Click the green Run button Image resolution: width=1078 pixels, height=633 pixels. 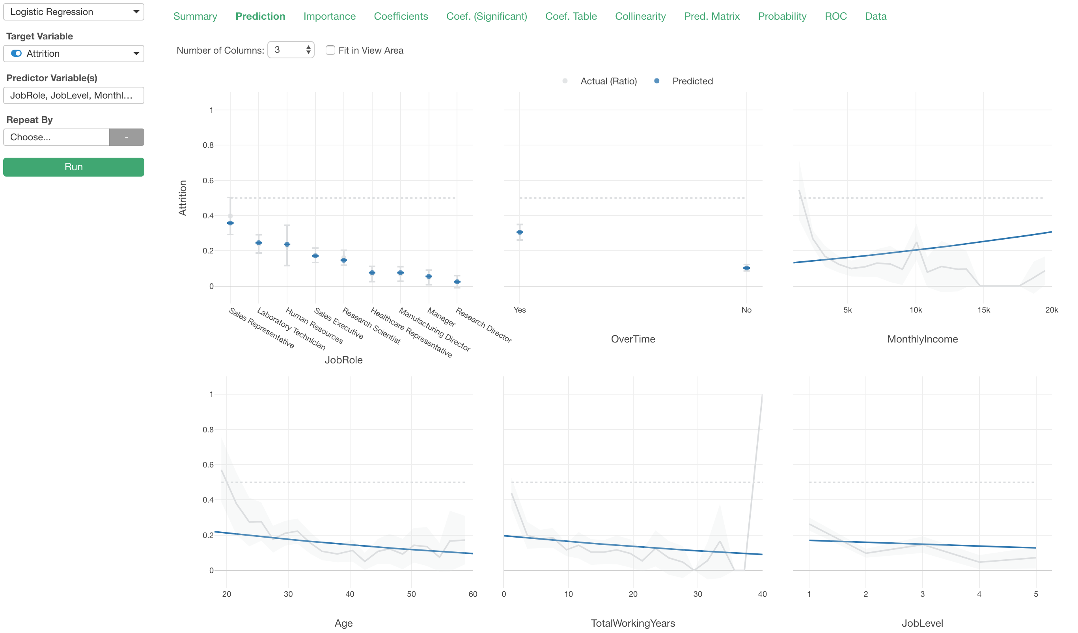pos(74,167)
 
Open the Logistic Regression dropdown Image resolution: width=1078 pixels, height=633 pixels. pos(74,12)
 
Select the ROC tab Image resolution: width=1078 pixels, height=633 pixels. pos(836,16)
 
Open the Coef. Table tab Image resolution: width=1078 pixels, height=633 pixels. pos(571,16)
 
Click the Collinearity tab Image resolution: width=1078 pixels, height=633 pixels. pos(640,16)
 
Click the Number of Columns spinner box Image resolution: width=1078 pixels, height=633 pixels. pos(291,50)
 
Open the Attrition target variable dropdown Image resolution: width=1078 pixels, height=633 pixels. pos(74,54)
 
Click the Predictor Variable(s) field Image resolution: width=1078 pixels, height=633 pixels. pos(74,95)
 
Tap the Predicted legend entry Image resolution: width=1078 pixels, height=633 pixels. pos(692,81)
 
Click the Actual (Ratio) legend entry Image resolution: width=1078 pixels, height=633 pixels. pos(608,81)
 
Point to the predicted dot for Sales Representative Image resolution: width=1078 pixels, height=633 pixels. pos(230,223)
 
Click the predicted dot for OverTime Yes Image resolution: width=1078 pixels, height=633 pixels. pos(519,232)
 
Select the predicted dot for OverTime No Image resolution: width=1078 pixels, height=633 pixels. pos(746,268)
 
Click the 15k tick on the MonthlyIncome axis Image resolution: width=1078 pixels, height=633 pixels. pos(983,310)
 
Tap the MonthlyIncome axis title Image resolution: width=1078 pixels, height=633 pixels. pos(922,339)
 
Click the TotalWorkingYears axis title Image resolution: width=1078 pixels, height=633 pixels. pos(633,623)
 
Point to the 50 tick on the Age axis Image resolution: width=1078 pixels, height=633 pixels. pos(411,594)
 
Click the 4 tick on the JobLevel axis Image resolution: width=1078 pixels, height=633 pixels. pos(979,594)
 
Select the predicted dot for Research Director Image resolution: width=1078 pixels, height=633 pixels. pos(457,282)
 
